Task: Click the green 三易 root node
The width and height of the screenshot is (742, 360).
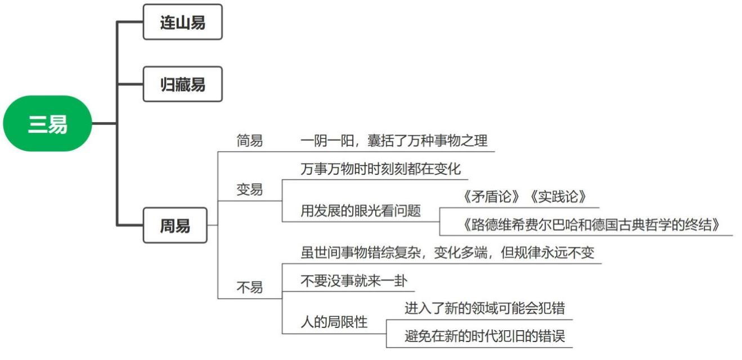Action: tap(48, 124)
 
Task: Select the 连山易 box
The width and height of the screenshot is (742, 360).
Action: tap(182, 22)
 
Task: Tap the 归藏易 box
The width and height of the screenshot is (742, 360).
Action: tap(182, 84)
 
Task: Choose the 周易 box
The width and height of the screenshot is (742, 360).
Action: tap(175, 226)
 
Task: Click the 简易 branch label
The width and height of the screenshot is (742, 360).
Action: tap(249, 141)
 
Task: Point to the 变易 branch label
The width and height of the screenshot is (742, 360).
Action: tap(249, 190)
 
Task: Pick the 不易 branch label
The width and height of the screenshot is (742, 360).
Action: tap(249, 288)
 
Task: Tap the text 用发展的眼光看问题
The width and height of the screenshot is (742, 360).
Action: tap(361, 211)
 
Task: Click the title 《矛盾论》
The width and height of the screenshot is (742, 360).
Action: tap(492, 197)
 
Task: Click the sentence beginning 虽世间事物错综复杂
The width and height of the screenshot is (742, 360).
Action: tap(447, 253)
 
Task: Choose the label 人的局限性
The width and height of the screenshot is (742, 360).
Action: tap(334, 322)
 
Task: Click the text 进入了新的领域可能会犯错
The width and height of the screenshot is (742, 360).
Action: tap(485, 308)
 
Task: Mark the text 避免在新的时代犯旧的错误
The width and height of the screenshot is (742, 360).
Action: tap(485, 336)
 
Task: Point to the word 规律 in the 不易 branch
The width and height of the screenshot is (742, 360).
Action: tap(529, 253)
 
